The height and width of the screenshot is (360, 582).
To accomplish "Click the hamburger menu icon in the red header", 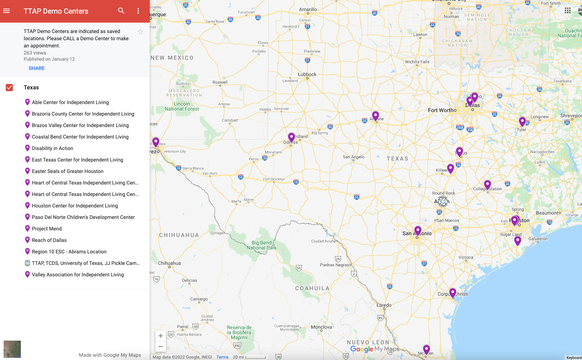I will (6, 11).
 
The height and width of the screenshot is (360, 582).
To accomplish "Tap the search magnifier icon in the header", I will (121, 11).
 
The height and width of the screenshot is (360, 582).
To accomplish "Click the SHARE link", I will (37, 68).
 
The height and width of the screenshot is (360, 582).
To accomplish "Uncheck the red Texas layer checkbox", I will (9, 88).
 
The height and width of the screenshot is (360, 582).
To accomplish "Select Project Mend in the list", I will (47, 229).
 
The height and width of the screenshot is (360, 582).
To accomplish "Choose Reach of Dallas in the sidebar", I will (49, 240).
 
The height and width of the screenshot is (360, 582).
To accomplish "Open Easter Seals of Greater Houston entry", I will (67, 171).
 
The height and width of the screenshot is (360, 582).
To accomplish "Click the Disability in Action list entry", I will (52, 148).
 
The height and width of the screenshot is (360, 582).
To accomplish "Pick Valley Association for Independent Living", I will (78, 275).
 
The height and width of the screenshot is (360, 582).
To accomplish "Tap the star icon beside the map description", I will (140, 32).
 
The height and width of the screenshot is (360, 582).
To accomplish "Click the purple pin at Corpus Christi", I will (453, 293).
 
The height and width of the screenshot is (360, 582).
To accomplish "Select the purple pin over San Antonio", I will (418, 230).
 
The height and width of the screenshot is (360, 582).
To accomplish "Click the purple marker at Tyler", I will (522, 122).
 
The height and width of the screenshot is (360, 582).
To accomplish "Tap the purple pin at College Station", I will (488, 185).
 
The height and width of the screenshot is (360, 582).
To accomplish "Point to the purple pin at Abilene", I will (376, 116).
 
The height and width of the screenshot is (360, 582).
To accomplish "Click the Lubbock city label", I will (307, 74).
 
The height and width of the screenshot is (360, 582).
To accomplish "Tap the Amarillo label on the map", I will (308, 9).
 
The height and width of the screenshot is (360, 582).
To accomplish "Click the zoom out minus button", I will (160, 346).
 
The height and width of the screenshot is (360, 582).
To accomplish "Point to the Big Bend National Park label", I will (261, 245).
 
